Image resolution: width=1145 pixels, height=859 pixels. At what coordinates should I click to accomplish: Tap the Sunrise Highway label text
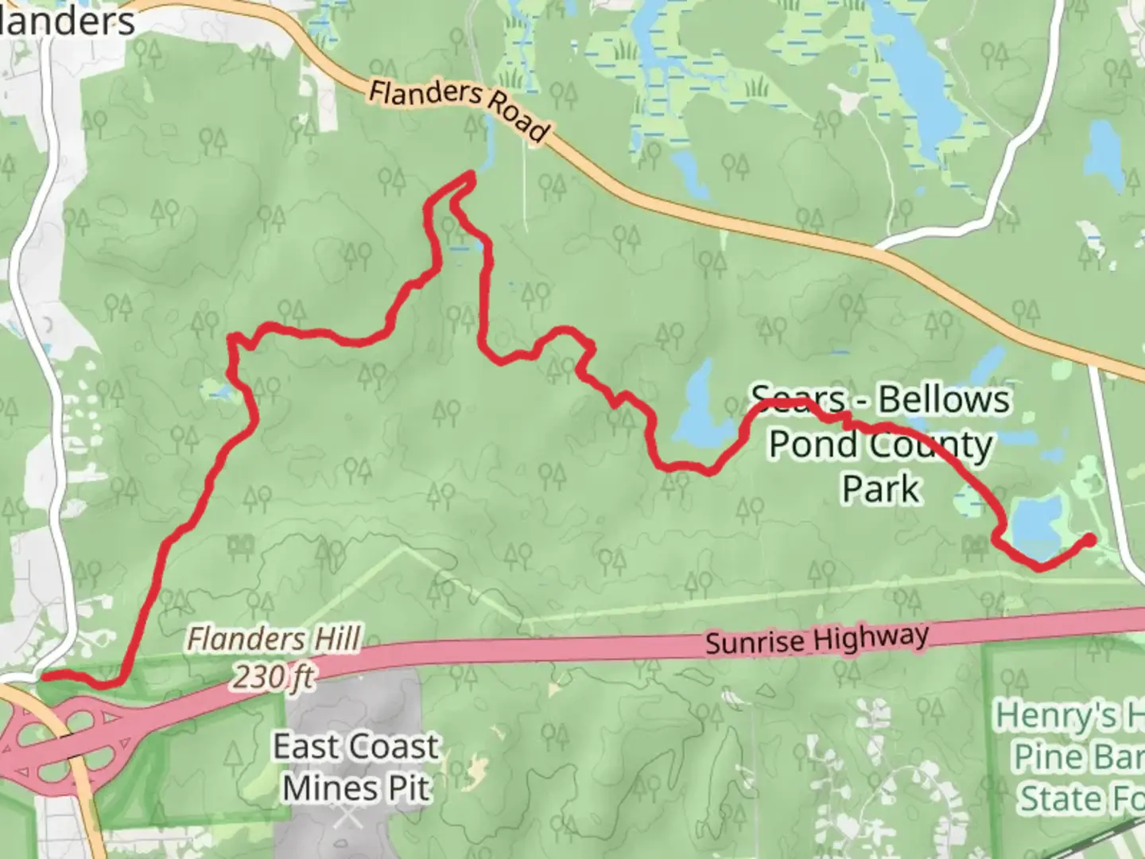click(817, 639)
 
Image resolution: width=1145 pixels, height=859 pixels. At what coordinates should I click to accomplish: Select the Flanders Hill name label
click(274, 639)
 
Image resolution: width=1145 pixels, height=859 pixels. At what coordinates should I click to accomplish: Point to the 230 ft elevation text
click(273, 677)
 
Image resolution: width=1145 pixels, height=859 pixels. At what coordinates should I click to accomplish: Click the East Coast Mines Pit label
click(355, 768)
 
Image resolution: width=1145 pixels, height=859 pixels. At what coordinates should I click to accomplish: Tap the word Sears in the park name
click(798, 398)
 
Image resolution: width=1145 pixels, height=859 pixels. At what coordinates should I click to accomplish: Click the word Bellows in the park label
click(944, 399)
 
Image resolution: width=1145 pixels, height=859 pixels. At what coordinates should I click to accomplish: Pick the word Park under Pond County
click(881, 488)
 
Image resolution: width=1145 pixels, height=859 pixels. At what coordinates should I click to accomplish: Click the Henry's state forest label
click(1069, 756)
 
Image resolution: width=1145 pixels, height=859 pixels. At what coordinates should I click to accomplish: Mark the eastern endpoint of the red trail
click(1089, 540)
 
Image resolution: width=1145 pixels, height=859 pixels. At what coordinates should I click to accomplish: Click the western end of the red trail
click(45, 676)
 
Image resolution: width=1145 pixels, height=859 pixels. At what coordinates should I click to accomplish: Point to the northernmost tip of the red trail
click(472, 173)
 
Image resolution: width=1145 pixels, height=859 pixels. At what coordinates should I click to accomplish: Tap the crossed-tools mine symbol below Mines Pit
click(347, 814)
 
